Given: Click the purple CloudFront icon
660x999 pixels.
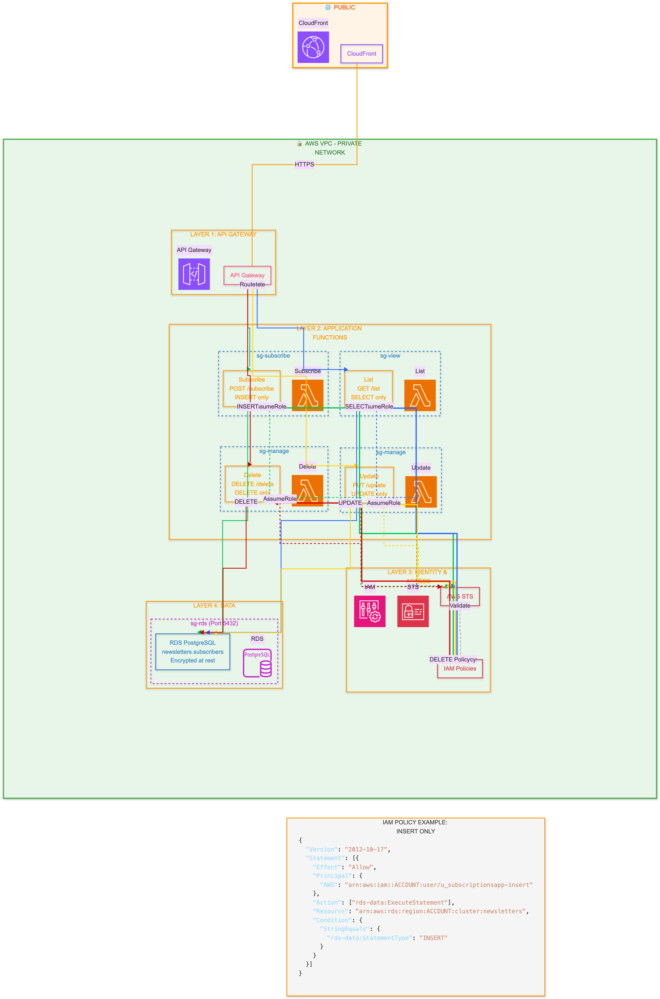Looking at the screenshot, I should tap(313, 47).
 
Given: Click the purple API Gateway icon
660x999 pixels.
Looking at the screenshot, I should tap(194, 274).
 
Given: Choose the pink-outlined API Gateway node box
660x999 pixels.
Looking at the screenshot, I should tap(247, 275).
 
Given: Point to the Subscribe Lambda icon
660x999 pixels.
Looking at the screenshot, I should tap(308, 395).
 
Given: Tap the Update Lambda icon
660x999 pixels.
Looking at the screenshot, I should tap(421, 492).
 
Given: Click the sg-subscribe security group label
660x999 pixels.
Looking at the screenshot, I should tap(273, 356).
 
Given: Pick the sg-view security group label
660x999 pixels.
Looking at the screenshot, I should tap(390, 356).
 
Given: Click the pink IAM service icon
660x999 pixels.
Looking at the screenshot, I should tap(370, 611).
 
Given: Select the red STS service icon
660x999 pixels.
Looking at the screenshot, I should tap(413, 611).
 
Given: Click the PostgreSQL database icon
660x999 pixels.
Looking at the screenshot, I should tap(257, 663).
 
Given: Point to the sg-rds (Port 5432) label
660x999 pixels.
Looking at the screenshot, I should tap(214, 623).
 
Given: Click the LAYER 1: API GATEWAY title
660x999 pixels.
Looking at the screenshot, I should tap(223, 234).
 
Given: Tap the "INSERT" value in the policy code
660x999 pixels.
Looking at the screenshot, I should tap(433, 938).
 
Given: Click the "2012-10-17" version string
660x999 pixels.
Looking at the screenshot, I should tap(366, 849).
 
